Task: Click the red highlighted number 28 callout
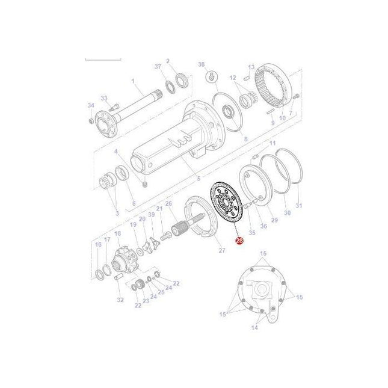pos(239,241)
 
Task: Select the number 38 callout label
pos(202,64)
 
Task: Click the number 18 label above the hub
pos(117,233)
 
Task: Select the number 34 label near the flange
pos(91,105)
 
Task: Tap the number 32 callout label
pos(120,300)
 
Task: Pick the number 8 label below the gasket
pos(245,139)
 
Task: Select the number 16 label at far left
pos(98,244)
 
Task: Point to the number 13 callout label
pos(251,67)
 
